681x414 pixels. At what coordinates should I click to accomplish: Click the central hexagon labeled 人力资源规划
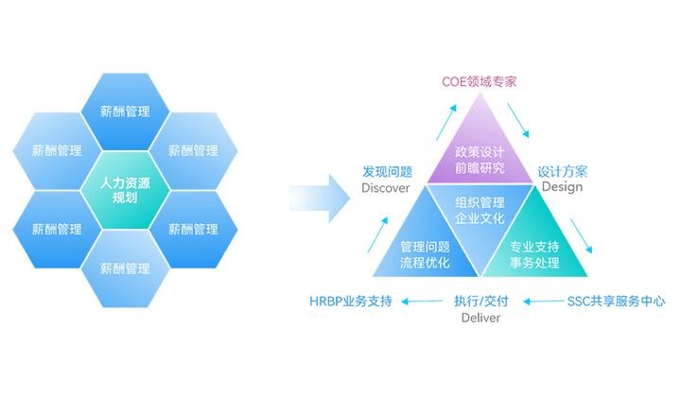pyautogui.click(x=125, y=190)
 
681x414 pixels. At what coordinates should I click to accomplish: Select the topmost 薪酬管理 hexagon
pyautogui.click(x=125, y=112)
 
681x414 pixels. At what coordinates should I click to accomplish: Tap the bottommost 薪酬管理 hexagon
pyautogui.click(x=125, y=268)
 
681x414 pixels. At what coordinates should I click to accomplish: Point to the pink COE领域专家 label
pyautogui.click(x=480, y=81)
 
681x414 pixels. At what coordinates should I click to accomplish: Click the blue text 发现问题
pyautogui.click(x=387, y=172)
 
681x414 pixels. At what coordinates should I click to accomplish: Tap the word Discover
pyautogui.click(x=386, y=187)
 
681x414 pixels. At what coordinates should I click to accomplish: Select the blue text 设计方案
pyautogui.click(x=562, y=172)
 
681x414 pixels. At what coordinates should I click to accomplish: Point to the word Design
pyautogui.click(x=562, y=187)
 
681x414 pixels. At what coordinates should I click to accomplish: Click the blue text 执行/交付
pyautogui.click(x=480, y=302)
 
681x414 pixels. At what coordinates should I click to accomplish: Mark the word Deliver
pyautogui.click(x=480, y=318)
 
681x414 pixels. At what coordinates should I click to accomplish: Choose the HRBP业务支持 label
pyautogui.click(x=350, y=302)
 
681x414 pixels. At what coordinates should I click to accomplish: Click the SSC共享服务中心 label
pyautogui.click(x=616, y=302)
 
